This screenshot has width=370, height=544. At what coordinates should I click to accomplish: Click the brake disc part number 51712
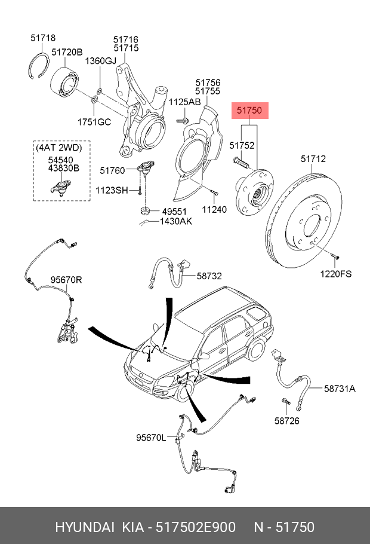(x=313, y=159)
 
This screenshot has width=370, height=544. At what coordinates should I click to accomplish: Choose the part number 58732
(x=209, y=276)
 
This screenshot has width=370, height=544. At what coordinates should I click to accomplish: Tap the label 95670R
(x=66, y=279)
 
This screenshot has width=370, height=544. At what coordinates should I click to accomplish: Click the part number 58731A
(x=340, y=389)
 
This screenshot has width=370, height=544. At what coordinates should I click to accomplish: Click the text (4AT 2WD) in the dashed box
(x=58, y=147)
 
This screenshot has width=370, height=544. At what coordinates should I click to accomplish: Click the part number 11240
(x=214, y=210)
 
